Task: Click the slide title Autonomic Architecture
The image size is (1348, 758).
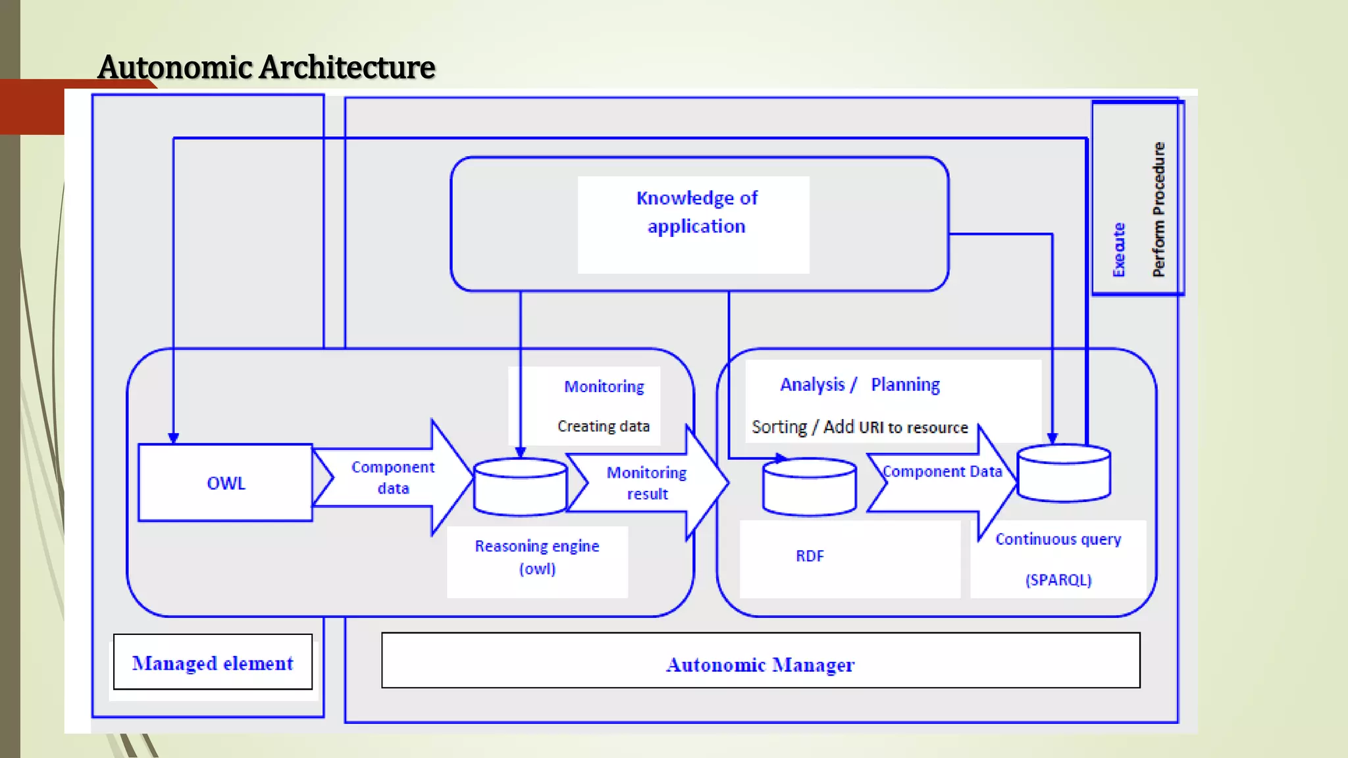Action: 266,67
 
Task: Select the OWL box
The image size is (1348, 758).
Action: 225,483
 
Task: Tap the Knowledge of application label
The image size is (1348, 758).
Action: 696,212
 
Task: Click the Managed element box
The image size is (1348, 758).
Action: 213,663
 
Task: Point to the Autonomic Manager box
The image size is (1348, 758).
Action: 760,664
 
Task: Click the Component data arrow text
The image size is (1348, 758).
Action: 393,478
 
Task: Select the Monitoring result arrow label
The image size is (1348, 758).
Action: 646,483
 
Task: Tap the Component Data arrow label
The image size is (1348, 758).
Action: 942,472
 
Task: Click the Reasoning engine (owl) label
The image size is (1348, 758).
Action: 537,557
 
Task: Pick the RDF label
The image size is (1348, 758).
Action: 810,556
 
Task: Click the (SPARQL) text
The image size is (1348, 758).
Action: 1058,580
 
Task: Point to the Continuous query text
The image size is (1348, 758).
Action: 1058,540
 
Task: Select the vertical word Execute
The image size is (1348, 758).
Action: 1119,250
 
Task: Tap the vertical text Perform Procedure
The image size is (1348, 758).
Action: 1158,209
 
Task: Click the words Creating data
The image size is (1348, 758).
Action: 604,426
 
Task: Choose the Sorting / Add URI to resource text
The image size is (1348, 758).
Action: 860,427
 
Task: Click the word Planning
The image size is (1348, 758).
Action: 905,384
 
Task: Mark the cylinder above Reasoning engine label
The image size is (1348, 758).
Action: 520,487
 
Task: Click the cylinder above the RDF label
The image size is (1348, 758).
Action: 809,487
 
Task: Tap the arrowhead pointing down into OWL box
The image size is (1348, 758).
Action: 173,438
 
